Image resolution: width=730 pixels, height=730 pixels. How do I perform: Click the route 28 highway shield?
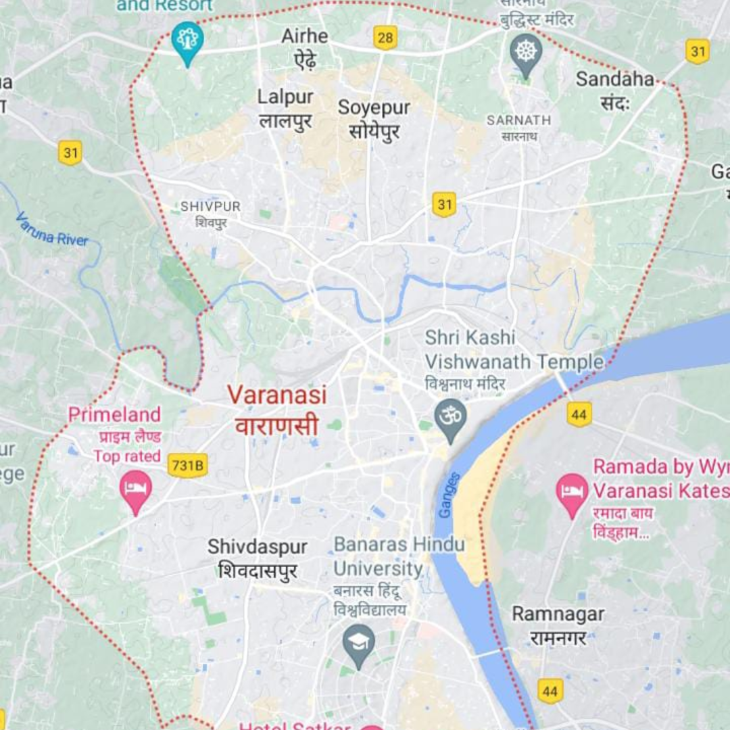tap(385, 38)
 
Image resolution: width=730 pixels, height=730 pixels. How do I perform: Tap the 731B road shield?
tap(187, 465)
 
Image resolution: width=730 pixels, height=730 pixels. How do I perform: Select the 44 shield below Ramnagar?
tap(550, 691)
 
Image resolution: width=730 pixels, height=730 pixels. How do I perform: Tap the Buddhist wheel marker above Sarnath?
tap(526, 52)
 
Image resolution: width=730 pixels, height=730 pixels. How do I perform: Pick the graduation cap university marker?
tap(359, 643)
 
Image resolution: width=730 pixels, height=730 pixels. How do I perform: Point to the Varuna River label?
tap(52, 229)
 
